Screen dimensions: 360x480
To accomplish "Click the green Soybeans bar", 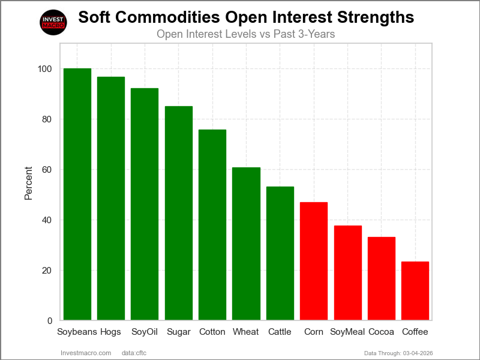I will [x=77, y=194].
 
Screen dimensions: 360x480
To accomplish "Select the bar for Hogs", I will [x=111, y=199].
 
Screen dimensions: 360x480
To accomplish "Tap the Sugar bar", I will [x=179, y=213].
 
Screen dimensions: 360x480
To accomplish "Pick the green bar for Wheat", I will [x=246, y=244].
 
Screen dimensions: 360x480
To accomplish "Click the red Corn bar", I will [x=314, y=261].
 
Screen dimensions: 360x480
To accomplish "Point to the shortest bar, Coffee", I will [x=415, y=290].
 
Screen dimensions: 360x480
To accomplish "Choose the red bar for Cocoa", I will [x=382, y=278].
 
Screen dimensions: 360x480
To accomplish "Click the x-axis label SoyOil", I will [x=145, y=332].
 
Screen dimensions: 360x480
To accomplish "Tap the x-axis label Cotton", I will [x=212, y=332].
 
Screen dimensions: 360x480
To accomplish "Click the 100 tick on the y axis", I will [x=45, y=69].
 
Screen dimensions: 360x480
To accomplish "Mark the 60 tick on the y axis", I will [x=47, y=170].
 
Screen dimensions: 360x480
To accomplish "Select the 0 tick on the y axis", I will [x=50, y=321].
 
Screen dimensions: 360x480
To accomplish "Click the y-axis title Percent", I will [x=28, y=182].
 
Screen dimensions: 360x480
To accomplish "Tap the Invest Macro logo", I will [x=53, y=22].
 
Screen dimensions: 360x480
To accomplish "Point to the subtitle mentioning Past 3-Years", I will [x=245, y=34].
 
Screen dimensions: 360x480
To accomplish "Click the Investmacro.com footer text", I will [x=86, y=353].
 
